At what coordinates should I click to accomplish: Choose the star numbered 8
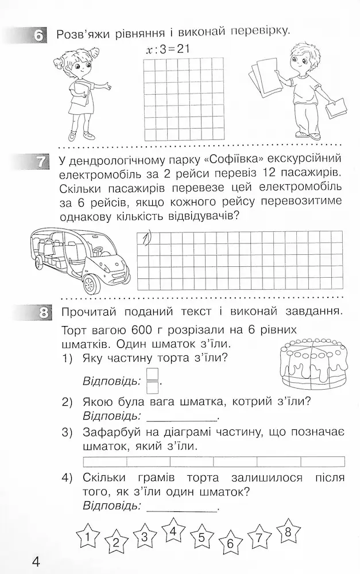tap(288, 530)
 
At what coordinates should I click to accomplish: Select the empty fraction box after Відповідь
tap(152, 380)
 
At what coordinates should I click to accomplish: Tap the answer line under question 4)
tap(182, 510)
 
